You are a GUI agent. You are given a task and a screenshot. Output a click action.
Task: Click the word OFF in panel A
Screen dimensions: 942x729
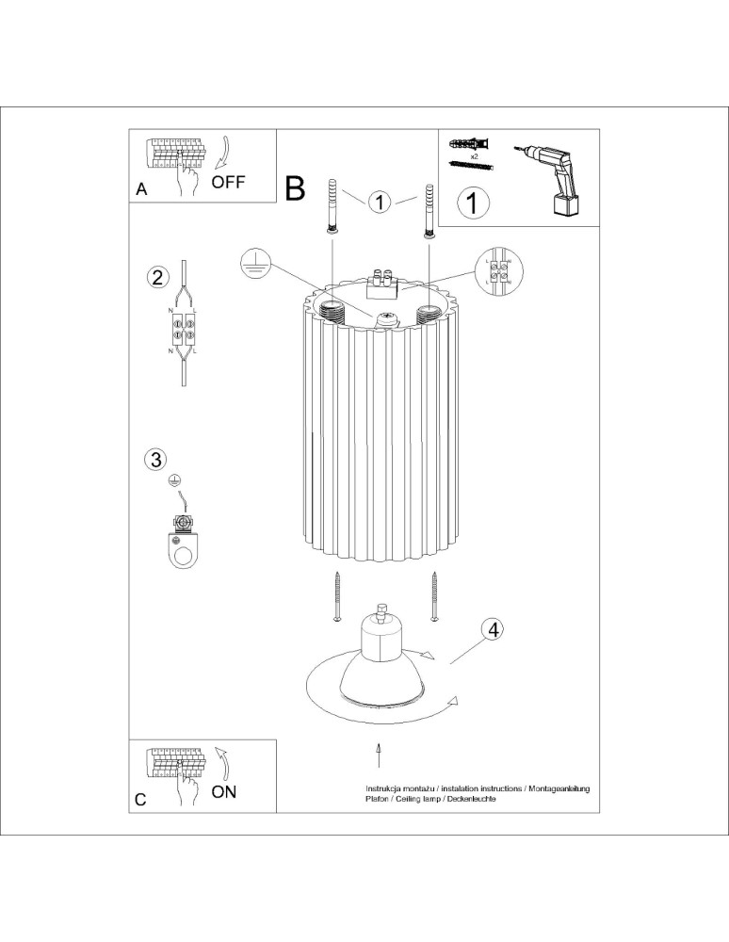pyautogui.click(x=228, y=183)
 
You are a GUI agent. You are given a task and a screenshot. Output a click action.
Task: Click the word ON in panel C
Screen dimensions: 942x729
pyautogui.click(x=224, y=791)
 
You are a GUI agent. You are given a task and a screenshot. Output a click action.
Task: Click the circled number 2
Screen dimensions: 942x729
pyautogui.click(x=157, y=277)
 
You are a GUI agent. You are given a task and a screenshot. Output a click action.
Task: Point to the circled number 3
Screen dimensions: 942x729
pyautogui.click(x=155, y=459)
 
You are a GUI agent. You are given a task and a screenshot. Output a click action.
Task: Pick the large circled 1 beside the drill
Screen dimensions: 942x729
pyautogui.click(x=473, y=202)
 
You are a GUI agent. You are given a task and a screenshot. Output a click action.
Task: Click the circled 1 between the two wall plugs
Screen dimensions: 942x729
pyautogui.click(x=379, y=202)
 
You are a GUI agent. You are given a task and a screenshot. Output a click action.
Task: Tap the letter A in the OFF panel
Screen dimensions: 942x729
pyautogui.click(x=141, y=189)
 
